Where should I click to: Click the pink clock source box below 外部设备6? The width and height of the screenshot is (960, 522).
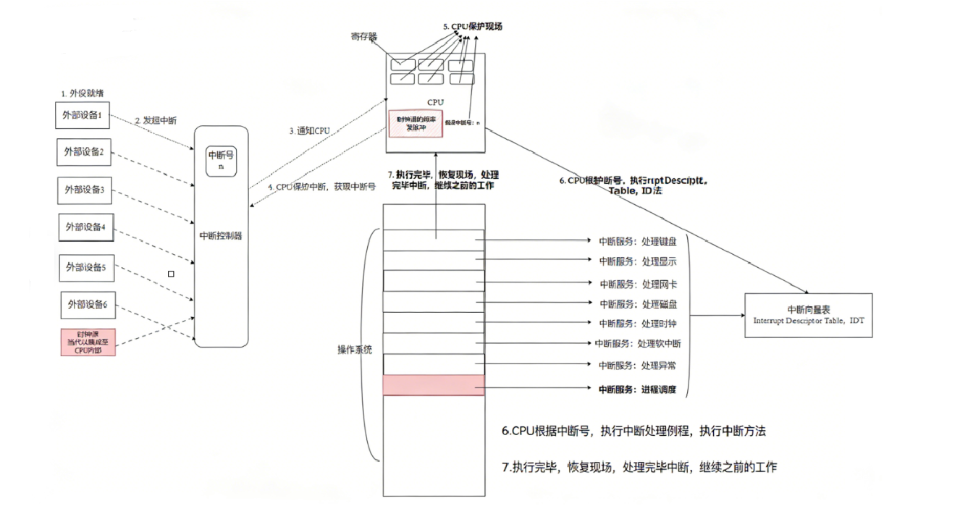(88, 341)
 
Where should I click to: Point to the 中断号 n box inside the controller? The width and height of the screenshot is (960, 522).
(221, 159)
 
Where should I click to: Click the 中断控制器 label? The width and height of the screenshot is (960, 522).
(221, 235)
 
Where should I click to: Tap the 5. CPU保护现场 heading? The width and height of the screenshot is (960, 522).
(472, 26)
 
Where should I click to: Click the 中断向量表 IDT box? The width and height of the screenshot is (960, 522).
(808, 316)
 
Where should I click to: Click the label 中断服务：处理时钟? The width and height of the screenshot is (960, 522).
(637, 324)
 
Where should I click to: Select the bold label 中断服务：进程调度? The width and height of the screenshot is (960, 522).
(637, 390)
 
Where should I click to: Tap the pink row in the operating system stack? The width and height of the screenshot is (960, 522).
(433, 385)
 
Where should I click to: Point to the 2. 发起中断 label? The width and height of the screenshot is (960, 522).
(155, 119)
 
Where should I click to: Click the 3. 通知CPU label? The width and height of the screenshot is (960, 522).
(310, 131)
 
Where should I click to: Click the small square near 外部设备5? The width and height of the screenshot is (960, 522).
(171, 274)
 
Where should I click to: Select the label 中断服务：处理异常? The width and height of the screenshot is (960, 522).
(637, 366)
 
